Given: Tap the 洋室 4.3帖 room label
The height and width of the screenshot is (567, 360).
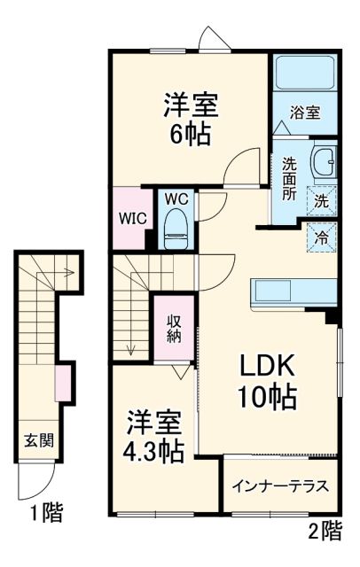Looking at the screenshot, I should point(153,435).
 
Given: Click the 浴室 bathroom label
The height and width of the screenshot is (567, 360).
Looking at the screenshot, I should point(307,113).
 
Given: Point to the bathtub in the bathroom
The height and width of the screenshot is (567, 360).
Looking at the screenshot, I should point(303,74).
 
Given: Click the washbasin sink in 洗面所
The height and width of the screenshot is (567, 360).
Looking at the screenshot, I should point(323,163).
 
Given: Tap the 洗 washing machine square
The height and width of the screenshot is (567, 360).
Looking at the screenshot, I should point(321,201).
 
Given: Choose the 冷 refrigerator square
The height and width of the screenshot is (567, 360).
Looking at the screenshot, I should point(321,237).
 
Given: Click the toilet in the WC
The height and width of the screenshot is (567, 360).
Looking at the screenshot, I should point(176,227).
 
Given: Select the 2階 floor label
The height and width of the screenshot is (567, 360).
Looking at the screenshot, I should point(325,531).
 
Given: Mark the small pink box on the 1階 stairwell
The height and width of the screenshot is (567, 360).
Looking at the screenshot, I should point(62,381).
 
